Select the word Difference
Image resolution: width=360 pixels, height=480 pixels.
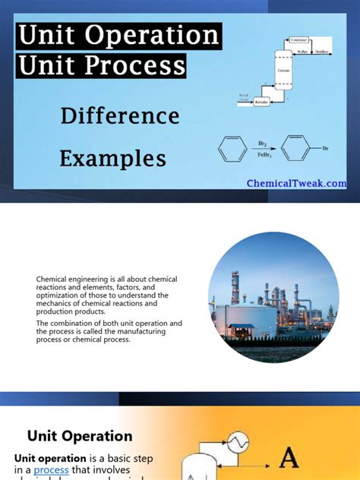coord(120,116)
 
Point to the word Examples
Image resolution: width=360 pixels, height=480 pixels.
coord(112,159)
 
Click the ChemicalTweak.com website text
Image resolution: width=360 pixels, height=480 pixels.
coord(297,183)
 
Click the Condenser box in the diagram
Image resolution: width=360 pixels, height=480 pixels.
coord(298,39)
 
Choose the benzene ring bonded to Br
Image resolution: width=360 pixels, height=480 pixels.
coord(299,147)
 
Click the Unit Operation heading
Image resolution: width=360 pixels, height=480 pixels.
coord(80,436)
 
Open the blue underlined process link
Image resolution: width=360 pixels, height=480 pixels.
coord(51,470)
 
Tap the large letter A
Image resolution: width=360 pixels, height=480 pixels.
coord(289,457)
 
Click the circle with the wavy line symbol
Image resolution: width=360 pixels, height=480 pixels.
coord(239,441)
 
